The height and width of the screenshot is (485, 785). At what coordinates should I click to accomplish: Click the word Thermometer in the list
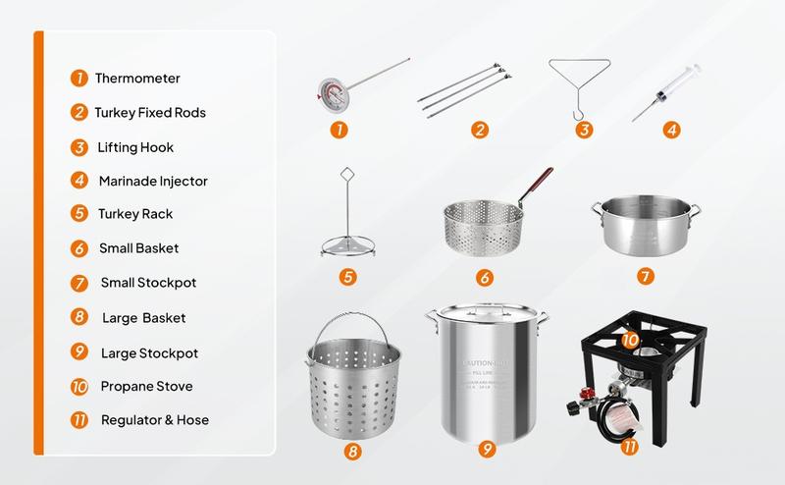tap(138, 78)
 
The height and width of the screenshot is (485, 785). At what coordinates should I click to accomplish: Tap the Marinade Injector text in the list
tap(152, 181)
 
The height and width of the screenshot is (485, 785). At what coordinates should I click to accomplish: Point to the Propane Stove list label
tap(146, 386)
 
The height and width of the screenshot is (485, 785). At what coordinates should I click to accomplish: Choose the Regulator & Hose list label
tap(155, 420)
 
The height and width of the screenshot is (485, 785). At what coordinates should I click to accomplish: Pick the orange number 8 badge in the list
tap(78, 317)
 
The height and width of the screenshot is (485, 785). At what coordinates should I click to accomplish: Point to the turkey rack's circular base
tap(347, 246)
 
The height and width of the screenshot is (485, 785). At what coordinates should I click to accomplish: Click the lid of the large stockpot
tap(483, 317)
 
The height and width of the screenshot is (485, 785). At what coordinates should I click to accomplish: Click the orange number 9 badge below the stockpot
tap(485, 451)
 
